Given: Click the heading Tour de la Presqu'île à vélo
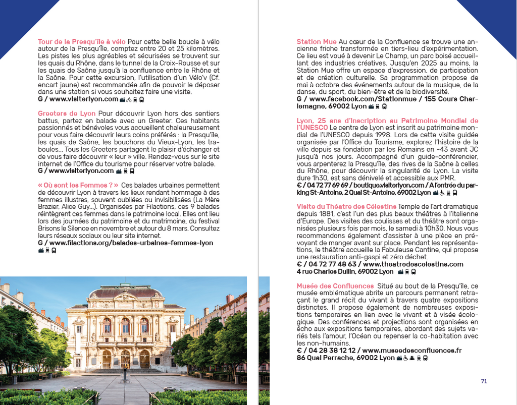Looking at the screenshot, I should [82, 42].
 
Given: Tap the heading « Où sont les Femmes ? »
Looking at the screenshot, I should [78, 186].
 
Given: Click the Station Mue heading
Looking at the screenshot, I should [317, 42].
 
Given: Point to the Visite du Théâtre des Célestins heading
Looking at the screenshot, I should [346, 207].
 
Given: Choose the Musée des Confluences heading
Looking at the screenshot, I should [335, 286].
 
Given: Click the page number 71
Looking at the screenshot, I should [484, 381].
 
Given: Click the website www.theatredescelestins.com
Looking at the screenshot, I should [413, 264].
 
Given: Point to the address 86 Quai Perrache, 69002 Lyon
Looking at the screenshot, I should [346, 358].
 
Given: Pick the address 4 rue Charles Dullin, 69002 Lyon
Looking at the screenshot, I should [345, 271].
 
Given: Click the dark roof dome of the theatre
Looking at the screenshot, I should [125, 292].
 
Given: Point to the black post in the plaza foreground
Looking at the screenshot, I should [125, 376].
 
